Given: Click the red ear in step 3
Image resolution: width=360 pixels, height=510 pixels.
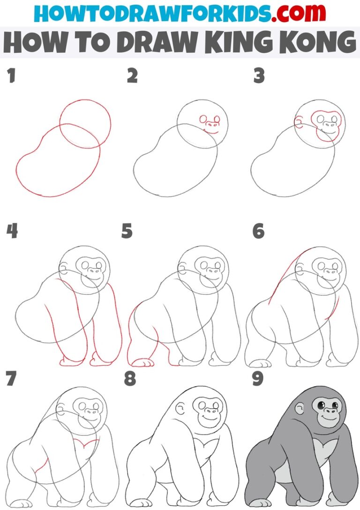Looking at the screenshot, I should tap(299, 123).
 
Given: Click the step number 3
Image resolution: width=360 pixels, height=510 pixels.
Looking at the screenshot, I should tap(259, 76).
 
